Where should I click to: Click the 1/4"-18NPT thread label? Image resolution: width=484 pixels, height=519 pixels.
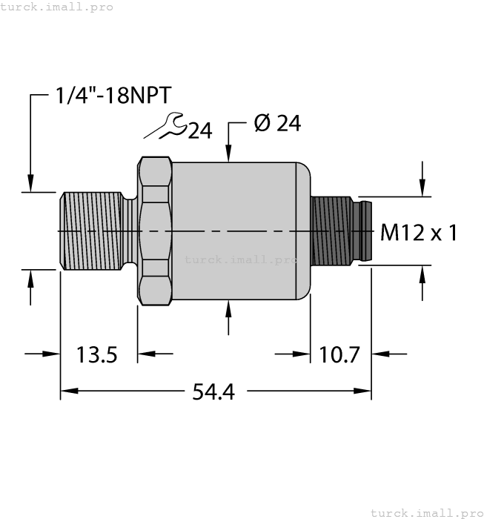113,95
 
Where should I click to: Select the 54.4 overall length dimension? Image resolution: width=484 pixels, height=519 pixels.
213,391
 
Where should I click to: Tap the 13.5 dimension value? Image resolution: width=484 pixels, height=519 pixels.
97,354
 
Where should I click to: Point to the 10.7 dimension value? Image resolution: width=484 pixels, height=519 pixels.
339,354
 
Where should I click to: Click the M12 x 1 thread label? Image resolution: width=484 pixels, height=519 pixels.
418,233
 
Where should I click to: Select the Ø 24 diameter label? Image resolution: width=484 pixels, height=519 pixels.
276,124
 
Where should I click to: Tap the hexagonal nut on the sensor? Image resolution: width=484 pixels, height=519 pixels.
154,231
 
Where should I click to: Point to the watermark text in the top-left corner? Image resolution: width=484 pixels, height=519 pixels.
57,7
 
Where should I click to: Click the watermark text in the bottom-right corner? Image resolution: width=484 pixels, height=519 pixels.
425,512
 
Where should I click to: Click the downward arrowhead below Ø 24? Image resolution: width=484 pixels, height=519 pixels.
229,154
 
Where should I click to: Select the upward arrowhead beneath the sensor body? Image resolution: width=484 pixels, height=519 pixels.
229,309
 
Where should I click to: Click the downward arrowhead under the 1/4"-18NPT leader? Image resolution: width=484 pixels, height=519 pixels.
30,183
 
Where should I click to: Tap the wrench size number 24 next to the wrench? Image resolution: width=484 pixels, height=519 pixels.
199,131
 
